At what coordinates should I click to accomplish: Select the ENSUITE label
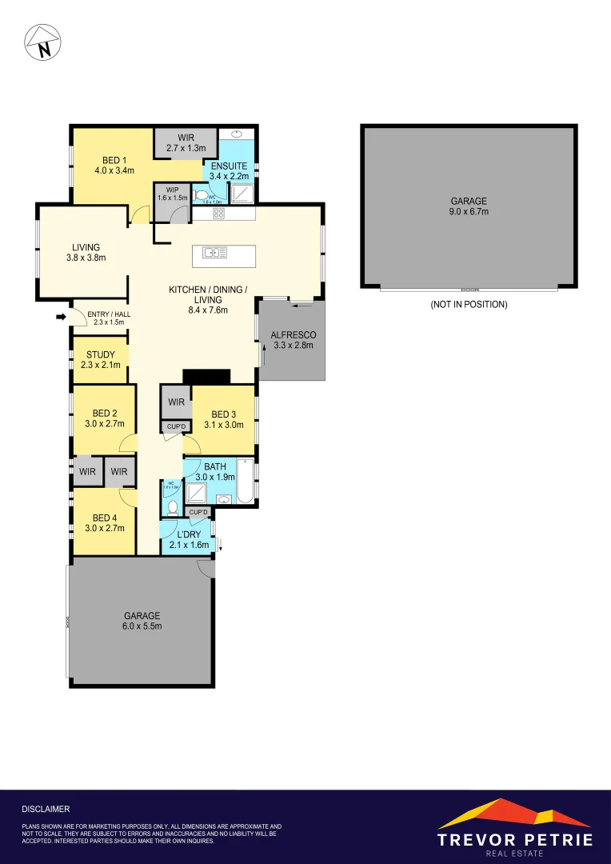click(229, 166)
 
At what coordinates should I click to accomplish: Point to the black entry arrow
click(60, 318)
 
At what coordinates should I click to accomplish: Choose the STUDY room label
click(100, 354)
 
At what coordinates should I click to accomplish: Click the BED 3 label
click(224, 414)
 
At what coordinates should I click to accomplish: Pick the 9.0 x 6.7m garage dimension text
click(469, 212)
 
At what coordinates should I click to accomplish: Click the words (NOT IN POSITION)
click(469, 305)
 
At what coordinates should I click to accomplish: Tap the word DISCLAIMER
click(46, 810)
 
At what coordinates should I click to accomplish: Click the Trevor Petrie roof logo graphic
click(514, 814)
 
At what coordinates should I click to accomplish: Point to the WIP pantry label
click(172, 190)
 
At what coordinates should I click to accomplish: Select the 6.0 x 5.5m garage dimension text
click(142, 626)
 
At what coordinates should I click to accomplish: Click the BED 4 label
click(105, 518)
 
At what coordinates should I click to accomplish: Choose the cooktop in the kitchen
click(218, 214)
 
